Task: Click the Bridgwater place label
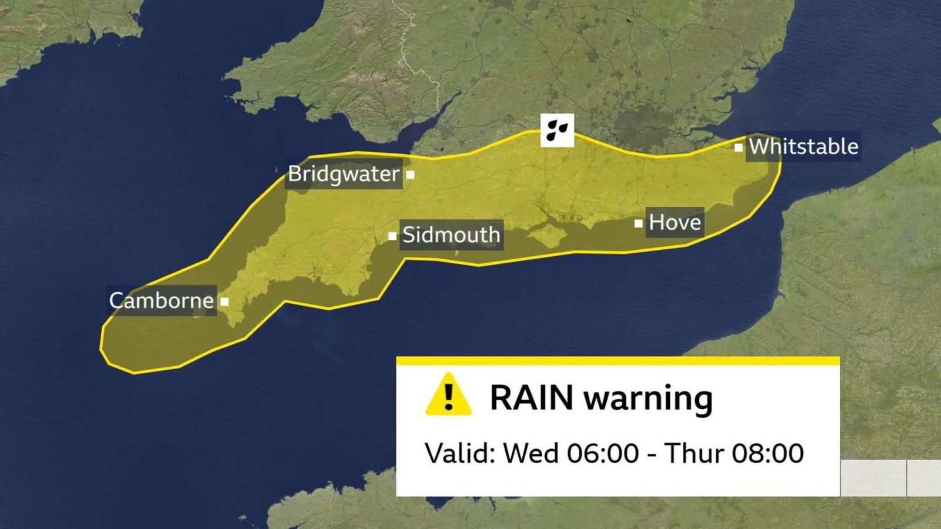[x=343, y=174]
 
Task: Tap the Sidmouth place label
[x=451, y=235]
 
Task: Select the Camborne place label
[x=161, y=301]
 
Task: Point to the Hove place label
[x=675, y=222]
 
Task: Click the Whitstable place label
[x=803, y=146]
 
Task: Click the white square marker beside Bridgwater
[x=411, y=175]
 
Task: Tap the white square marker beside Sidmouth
[x=392, y=236]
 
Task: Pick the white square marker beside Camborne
[x=225, y=302]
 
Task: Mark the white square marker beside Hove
[x=638, y=223]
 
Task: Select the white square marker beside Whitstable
[x=738, y=148]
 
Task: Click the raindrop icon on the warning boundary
[x=557, y=130]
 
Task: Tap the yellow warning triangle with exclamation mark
[x=448, y=395]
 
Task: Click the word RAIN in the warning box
[x=531, y=398]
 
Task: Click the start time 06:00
[x=603, y=453]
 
